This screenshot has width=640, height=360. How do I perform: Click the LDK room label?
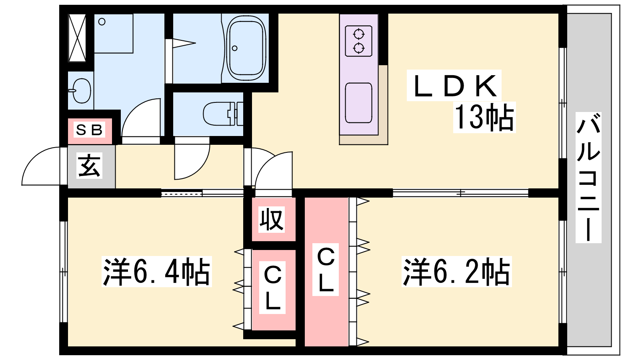pos(454,86)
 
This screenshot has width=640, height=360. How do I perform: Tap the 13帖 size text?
pos(484,117)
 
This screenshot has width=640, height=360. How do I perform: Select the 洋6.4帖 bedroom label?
pos(156,272)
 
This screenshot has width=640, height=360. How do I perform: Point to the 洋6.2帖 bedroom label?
pos(456,272)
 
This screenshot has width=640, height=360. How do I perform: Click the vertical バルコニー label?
pos(588,178)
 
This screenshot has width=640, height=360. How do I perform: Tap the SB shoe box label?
pos(90,130)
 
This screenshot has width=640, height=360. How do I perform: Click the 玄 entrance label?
pos(89,166)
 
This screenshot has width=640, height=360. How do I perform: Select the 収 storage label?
pos(272,220)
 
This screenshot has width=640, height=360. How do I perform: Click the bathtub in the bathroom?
pos(246,48)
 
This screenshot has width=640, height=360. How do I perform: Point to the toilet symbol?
pos(223,114)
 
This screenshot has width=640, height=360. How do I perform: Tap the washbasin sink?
pos(82,90)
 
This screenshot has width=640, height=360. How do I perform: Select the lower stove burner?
pos(358,48)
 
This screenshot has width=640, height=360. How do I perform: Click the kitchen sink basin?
pos(358,103)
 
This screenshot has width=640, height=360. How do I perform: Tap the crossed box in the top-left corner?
pos(77,38)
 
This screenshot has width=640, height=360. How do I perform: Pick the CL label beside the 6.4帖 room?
pos(272,288)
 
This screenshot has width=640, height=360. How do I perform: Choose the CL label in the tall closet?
pos(326,270)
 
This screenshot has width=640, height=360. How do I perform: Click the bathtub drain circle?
pos(234,48)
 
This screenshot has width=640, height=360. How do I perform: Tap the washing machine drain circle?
pos(102,22)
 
